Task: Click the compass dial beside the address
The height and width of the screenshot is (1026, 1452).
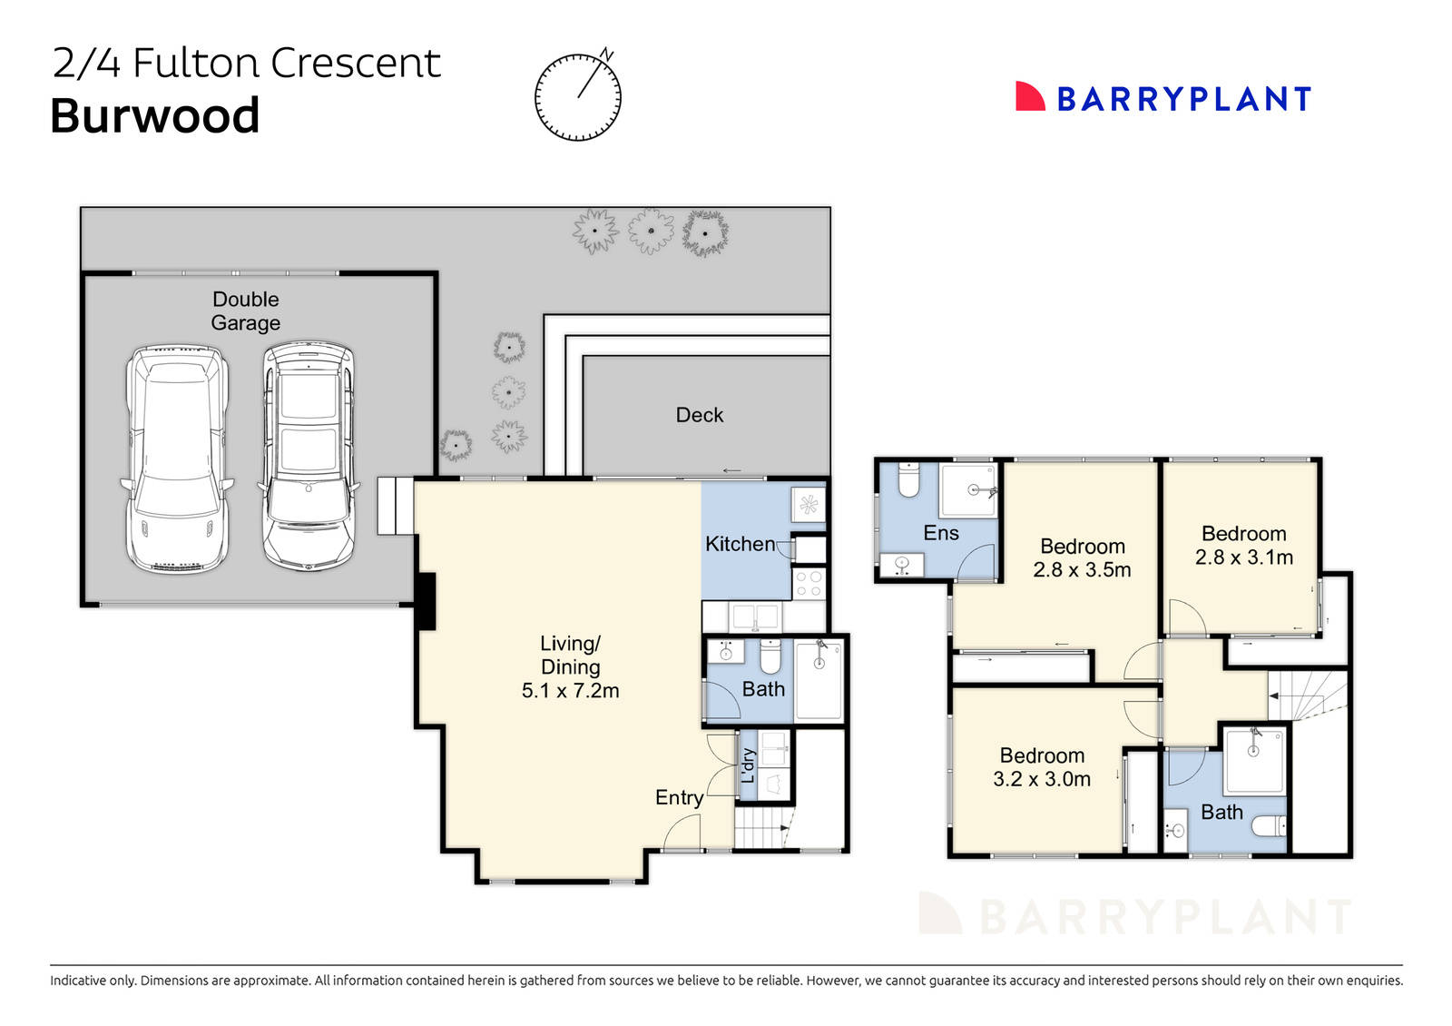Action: pos(578,97)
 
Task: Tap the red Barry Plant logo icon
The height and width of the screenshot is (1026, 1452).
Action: pos(1030,97)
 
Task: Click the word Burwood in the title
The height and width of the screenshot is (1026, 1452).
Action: pos(155,116)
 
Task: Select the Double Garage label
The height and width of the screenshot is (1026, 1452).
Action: pos(245,311)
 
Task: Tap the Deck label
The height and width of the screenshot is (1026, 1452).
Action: pos(700,415)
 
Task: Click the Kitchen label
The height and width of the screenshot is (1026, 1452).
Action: pos(740,544)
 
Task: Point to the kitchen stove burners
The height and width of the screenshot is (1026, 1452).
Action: pos(809,584)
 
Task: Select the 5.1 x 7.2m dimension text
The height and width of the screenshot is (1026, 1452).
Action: pos(570,691)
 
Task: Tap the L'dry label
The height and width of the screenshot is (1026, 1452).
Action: pos(749,765)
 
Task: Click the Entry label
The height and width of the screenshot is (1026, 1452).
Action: pos(679,797)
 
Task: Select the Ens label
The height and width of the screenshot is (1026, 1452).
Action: pos(941,533)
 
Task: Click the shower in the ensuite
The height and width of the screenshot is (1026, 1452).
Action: pos(969,490)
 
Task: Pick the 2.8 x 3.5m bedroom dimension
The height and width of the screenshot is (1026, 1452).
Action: pos(1082,570)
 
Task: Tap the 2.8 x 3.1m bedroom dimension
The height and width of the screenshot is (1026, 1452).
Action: pos(1243,557)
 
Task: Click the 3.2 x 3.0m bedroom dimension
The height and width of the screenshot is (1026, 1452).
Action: pos(1042,779)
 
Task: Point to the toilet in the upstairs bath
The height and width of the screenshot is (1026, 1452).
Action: pos(1269,826)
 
